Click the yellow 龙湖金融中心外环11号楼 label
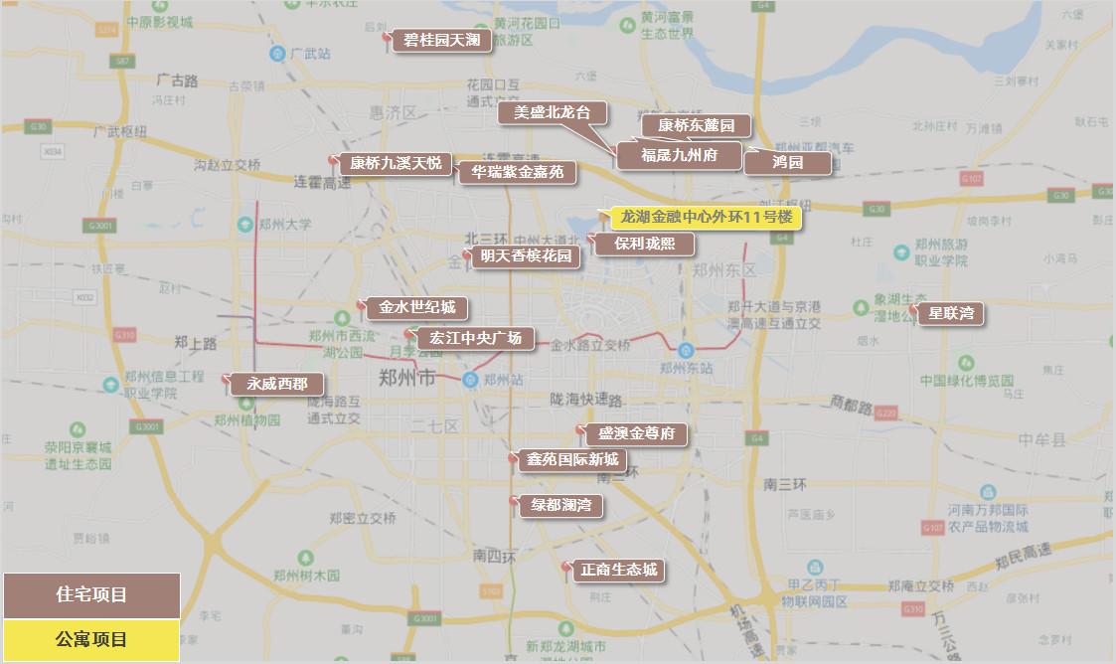coord(706,217)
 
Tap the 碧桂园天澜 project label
coord(441,41)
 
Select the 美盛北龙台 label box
coord(552,112)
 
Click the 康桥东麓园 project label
coord(696,125)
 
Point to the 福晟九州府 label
coord(679,155)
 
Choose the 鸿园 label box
coord(787,162)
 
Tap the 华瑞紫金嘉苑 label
coord(517,172)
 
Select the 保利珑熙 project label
coord(644,243)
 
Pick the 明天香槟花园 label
coord(526,256)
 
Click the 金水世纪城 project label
coord(416,308)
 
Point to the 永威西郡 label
coord(277,384)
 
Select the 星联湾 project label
coord(950,314)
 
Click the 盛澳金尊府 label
coord(636,434)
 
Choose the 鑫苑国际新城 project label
coord(572,459)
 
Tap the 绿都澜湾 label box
coord(560,505)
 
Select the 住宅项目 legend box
coord(91,595)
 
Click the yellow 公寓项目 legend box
coord(91,639)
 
